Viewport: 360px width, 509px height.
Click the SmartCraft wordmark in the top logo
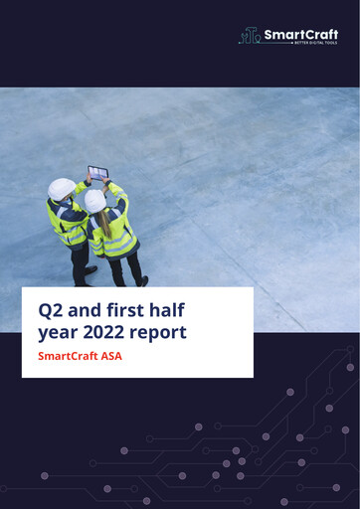click(300, 35)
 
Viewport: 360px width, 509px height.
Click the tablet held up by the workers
click(97, 172)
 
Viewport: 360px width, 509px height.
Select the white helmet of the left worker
click(62, 188)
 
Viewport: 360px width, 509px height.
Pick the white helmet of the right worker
click(95, 200)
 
